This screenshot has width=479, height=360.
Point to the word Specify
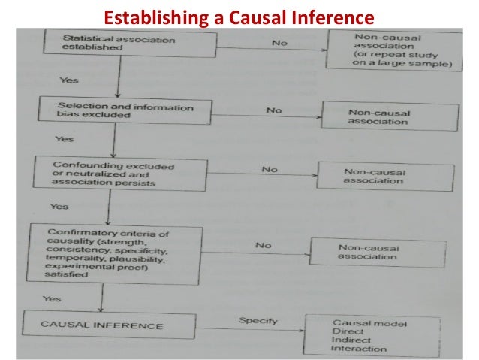(258, 321)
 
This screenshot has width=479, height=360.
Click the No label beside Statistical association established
(279, 43)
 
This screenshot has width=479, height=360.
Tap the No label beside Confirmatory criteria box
(262, 245)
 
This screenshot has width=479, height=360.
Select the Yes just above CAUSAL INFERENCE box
(51, 298)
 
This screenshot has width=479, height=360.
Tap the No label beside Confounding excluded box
(270, 169)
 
